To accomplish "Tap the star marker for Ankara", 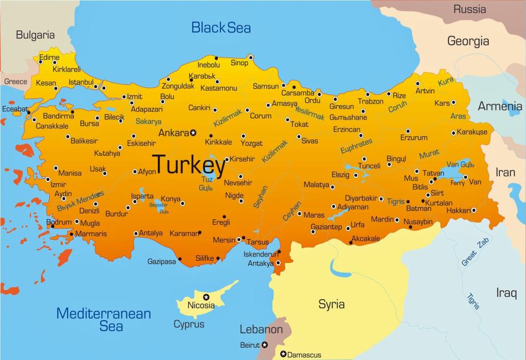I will (193, 133).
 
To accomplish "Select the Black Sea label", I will (221, 27).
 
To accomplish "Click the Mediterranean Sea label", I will (104, 319).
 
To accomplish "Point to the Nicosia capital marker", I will (206, 297).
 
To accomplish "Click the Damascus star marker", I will (283, 354).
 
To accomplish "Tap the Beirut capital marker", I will (265, 345).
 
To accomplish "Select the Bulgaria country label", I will (35, 35).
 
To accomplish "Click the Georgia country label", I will (468, 41).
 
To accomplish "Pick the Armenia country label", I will (500, 106).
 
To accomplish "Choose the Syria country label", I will (331, 304).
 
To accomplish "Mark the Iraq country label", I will (506, 292).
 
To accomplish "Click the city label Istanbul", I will (81, 83).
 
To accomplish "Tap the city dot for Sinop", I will (251, 57).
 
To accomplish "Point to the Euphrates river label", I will (356, 146).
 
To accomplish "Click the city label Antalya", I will (151, 233).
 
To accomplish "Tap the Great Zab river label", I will (468, 251).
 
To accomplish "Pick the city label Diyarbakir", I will (361, 198).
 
